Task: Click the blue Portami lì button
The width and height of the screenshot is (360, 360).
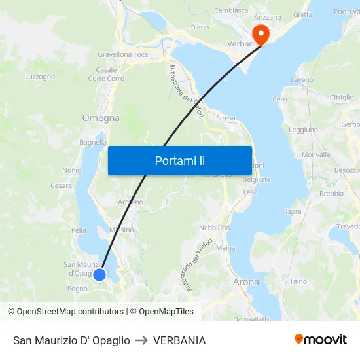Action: (179, 160)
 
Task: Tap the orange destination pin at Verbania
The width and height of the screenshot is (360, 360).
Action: (261, 34)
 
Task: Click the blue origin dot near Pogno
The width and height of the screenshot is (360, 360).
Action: (99, 275)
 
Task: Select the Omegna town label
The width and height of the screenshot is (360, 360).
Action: (101, 118)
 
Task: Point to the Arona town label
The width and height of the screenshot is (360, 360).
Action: (246, 282)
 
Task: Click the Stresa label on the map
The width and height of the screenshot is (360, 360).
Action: (225, 118)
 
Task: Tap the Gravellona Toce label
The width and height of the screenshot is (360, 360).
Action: (123, 54)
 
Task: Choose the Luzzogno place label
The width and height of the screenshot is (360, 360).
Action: (40, 77)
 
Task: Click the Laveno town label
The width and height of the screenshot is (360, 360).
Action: (302, 80)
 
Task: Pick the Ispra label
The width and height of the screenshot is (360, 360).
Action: (294, 211)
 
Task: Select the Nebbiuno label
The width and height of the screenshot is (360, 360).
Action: (214, 227)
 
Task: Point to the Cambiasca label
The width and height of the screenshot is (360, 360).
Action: (231, 10)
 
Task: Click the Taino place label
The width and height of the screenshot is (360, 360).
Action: (298, 281)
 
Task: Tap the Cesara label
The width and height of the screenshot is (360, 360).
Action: (61, 185)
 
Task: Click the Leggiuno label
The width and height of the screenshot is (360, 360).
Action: (303, 130)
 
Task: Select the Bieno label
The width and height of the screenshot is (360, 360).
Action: (200, 27)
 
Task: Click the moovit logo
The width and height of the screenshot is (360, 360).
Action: (321, 340)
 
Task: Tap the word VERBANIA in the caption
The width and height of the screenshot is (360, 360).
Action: (179, 340)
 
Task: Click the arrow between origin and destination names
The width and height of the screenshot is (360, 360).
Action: (141, 340)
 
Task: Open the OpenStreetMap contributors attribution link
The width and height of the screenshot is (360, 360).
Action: (70, 312)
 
